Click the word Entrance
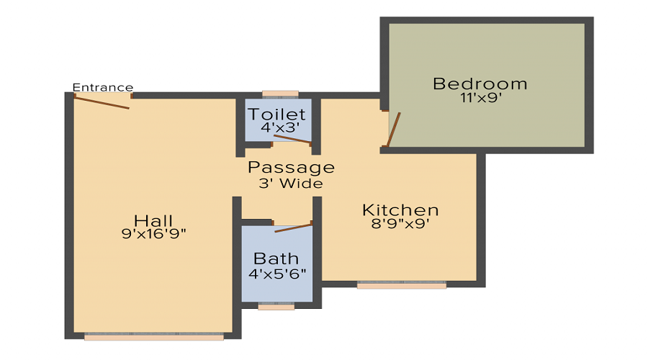coord(103,88)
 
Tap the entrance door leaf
coord(102,102)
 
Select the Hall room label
coord(153,220)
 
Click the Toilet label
coord(277,114)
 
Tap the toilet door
coord(292,140)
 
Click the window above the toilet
coord(280,94)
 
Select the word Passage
coord(291,168)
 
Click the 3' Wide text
coord(291,184)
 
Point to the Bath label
coord(276,258)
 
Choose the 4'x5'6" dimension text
coord(278,273)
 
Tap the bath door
coord(293,228)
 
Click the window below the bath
coord(276,306)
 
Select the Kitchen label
coord(400,210)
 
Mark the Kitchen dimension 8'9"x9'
coord(400,224)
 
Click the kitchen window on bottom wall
coord(402,285)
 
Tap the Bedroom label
coord(480,84)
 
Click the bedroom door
coord(394,130)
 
